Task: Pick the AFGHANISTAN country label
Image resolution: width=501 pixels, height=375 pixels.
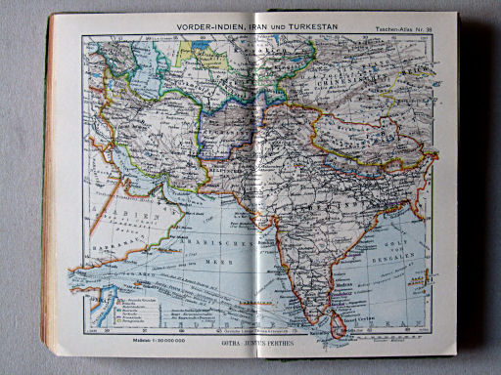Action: click(234, 127)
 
